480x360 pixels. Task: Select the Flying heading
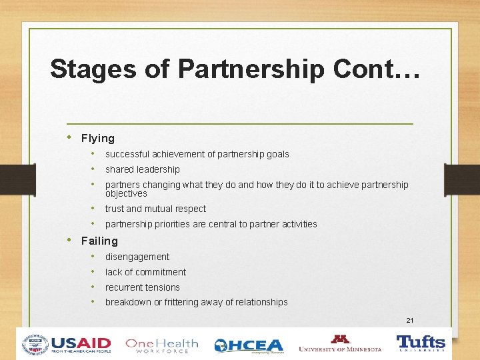point(97,139)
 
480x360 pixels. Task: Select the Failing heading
point(99,241)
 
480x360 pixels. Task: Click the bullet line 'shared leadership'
point(142,169)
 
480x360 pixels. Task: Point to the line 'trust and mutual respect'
point(155,209)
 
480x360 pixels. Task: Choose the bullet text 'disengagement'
point(137,257)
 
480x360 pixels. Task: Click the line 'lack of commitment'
point(145,272)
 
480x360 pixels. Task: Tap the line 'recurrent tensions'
point(142,287)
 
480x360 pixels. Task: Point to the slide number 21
point(410,321)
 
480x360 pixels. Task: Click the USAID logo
point(67,344)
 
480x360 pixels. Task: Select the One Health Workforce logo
point(162,345)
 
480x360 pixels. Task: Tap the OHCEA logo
point(249,345)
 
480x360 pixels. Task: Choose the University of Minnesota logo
point(340,344)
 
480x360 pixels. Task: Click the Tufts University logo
point(421,343)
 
